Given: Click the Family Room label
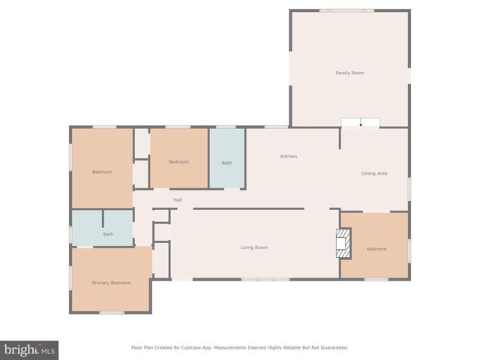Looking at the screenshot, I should coord(349,73).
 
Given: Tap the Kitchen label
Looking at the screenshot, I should coord(289,157).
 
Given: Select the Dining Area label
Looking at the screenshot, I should coord(374,174).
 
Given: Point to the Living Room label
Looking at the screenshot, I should coord(254,247).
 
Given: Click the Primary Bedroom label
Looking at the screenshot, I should coord(111,283).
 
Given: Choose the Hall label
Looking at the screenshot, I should coord(178,200).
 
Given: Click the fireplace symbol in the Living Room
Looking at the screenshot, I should coord(343,244).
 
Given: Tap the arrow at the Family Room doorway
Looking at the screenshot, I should coord(361,123).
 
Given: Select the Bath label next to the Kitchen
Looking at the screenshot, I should coord(226,163).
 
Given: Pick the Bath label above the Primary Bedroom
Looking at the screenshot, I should coord(108,235).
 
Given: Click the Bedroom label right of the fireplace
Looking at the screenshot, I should coord(376,249).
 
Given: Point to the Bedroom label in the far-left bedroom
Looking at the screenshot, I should coord(102,172).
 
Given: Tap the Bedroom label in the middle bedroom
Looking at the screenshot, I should coord(178,162).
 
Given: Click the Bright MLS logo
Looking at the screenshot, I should coord(29,350).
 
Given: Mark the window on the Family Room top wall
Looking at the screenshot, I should coord(346,10).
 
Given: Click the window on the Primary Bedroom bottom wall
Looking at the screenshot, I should coord(111,312).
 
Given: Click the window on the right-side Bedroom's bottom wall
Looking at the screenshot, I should coord(376,280).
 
